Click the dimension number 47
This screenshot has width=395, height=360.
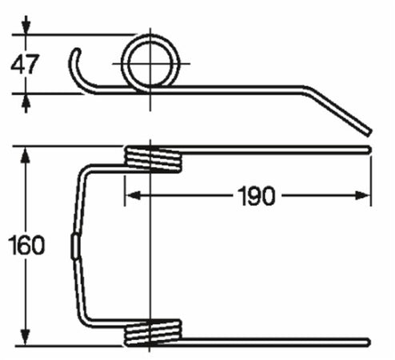point(24,65)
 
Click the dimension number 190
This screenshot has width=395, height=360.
point(255,195)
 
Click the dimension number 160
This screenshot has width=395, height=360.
point(25,245)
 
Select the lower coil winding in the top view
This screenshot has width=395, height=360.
point(154,333)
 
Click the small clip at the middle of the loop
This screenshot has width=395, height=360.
point(76,245)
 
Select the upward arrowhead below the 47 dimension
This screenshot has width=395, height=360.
point(26,100)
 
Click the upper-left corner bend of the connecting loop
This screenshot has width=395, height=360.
point(85,169)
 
